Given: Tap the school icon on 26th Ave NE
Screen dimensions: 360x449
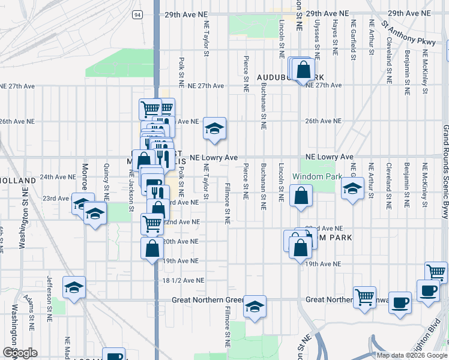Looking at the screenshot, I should (x=214, y=128).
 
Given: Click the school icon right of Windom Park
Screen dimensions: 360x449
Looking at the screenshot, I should (x=353, y=188).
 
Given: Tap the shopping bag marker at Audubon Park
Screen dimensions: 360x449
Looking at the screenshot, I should (x=304, y=70).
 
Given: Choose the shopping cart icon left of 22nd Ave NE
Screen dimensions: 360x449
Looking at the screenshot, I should (x=152, y=224).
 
